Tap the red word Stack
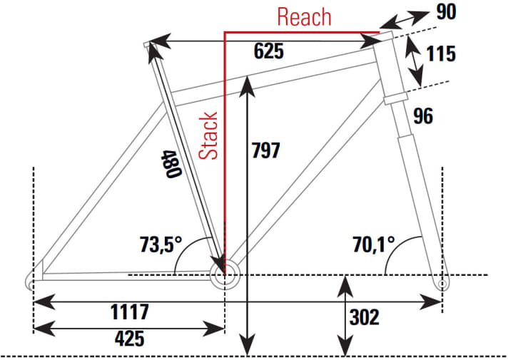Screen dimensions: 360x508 coord(208,135)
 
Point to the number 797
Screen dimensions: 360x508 coord(266,150)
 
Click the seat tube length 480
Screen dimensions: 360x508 coord(169,165)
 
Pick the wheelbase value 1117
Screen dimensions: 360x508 coord(129,312)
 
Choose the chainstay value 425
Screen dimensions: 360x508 coord(129,337)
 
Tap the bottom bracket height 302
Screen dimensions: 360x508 coord(364,317)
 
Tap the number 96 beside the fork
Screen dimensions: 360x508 coord(423,115)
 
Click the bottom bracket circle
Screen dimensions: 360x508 coord(224,277)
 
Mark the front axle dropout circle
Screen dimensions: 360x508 coord(442,284)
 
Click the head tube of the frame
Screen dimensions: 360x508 coord(391,68)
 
